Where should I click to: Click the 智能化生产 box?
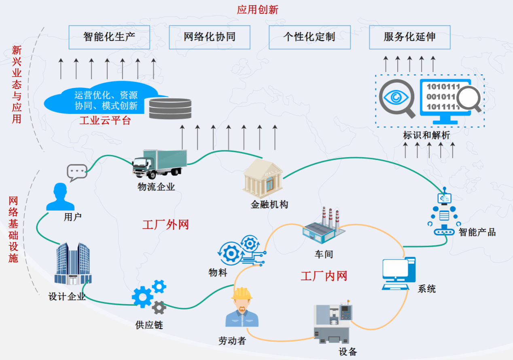click(x=109, y=37)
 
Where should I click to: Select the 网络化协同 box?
click(x=210, y=37)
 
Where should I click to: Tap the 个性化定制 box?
click(x=309, y=37)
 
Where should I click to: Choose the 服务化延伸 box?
click(x=409, y=37)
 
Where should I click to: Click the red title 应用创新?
click(x=258, y=10)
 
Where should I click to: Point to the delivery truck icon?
click(x=159, y=164)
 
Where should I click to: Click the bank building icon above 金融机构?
click(x=263, y=179)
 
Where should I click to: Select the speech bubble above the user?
click(x=77, y=173)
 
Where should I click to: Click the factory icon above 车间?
click(x=324, y=227)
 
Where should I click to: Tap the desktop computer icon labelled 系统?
click(x=399, y=274)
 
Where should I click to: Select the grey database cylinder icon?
click(x=170, y=108)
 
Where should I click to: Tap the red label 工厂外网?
click(x=165, y=225)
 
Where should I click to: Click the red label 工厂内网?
click(x=324, y=276)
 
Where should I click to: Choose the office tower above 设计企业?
click(x=73, y=264)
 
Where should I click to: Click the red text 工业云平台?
click(x=105, y=121)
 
